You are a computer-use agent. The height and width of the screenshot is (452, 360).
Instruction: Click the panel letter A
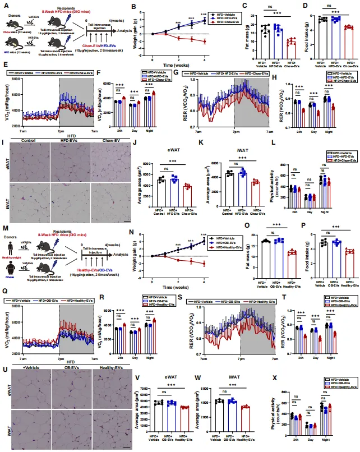4,5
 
